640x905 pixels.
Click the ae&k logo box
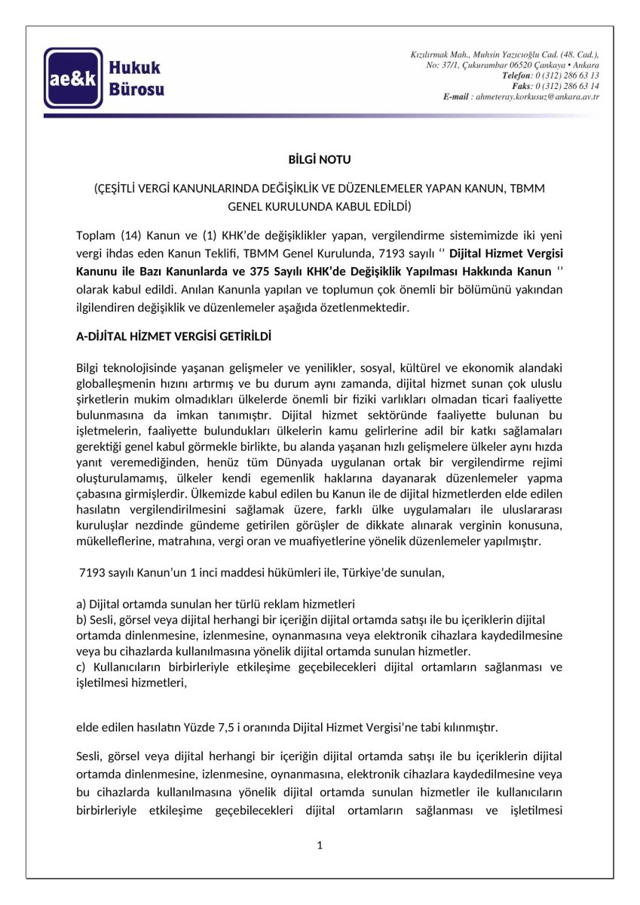point(72,78)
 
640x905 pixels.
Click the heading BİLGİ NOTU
point(320,160)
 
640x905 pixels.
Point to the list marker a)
point(81,604)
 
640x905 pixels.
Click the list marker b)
point(81,620)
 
